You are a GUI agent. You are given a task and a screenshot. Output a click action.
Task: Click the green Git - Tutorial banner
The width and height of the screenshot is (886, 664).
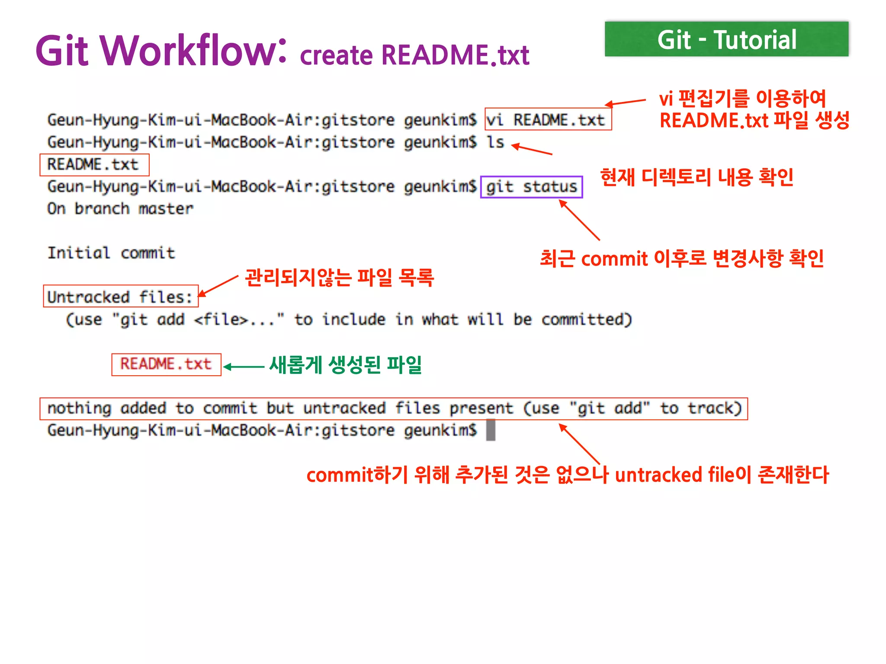point(726,39)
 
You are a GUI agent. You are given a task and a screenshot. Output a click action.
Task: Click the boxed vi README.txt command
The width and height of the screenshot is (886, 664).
point(548,119)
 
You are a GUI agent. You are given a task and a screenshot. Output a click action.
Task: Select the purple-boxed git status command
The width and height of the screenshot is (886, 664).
point(531,187)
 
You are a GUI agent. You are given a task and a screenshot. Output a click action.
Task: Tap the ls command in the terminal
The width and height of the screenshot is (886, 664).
point(495,142)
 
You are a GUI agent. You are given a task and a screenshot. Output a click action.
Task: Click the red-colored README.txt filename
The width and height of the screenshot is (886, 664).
point(166,364)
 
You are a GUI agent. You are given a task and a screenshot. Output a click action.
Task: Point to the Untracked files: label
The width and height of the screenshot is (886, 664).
point(120,297)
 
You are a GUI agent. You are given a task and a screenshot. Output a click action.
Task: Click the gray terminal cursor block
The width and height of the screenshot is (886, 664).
point(490,431)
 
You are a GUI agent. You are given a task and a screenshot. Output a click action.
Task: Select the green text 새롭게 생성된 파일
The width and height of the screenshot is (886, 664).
point(345,365)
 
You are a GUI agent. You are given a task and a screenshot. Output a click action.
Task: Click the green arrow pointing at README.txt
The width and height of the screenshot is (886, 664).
point(244,367)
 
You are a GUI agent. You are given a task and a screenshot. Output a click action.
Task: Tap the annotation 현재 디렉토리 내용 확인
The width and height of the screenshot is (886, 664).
point(697,177)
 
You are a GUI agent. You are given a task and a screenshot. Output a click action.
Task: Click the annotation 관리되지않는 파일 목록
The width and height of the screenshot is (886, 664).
point(339,278)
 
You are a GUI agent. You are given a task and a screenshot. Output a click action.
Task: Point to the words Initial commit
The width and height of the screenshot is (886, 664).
point(111,253)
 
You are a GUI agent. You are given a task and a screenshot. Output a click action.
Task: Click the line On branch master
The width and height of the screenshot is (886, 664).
point(120,209)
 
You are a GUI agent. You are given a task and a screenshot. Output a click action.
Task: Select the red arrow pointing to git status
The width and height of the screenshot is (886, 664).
point(579,220)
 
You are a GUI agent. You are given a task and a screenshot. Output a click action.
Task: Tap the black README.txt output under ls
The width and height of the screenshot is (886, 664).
point(93,165)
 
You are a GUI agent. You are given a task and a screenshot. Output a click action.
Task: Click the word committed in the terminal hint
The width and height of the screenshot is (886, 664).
point(586,319)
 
